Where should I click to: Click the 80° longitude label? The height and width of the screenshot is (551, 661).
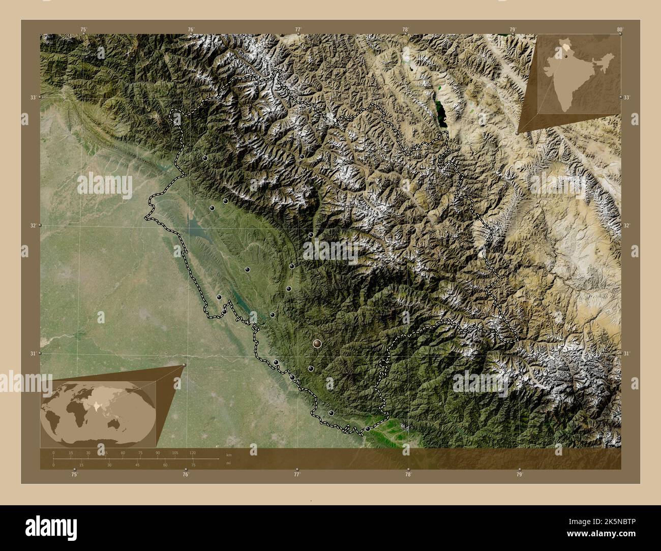[619, 29]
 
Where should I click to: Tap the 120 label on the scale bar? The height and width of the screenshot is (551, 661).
[192, 452]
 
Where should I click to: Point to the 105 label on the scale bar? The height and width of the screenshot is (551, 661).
[175, 452]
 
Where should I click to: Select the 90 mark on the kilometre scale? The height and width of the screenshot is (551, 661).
[158, 452]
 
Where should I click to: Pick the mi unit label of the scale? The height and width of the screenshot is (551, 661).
[229, 463]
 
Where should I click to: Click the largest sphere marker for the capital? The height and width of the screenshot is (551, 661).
[318, 344]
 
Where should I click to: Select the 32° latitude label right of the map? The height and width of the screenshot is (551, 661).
[626, 225]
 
